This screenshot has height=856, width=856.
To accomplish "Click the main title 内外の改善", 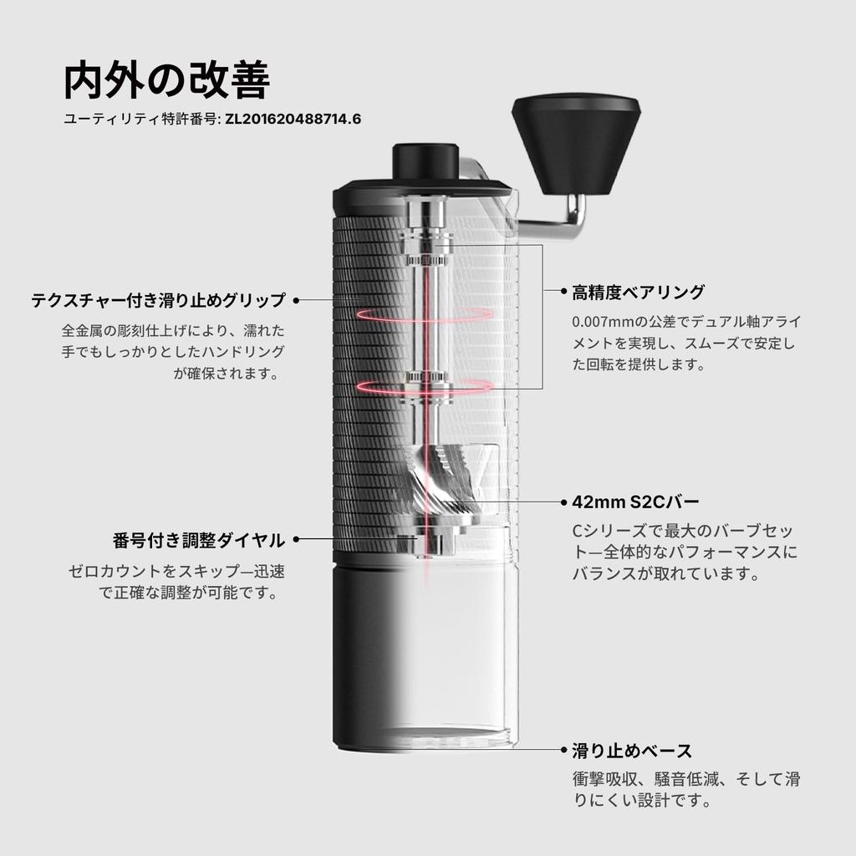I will coord(167,81).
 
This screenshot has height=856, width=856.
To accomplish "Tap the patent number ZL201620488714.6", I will coord(293,119).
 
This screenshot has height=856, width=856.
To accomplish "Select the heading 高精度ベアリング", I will coord(639,293).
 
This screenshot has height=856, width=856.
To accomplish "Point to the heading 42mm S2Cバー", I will coord(635,502).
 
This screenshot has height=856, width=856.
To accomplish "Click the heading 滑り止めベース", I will coord(632,750).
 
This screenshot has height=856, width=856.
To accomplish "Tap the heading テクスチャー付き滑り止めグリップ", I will coord(158,300).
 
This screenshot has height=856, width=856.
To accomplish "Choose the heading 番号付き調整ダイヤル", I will coord(199,540).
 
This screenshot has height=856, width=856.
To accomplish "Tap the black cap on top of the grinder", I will coord(425,159).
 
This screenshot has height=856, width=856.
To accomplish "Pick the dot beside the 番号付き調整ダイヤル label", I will coord(296,540).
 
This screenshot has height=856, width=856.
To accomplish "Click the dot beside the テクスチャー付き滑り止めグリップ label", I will coord(296,300).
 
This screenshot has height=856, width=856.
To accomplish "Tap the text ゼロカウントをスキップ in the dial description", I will coord(142,573).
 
